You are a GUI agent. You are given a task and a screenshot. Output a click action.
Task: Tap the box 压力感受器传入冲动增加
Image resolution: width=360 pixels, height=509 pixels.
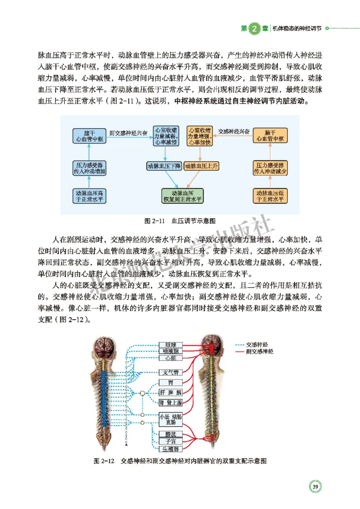click(x=89, y=168)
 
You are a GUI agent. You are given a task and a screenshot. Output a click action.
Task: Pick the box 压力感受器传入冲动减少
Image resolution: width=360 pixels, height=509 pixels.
click(x=270, y=168)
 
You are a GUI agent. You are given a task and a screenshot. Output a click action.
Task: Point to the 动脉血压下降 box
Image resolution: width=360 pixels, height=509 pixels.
click(x=164, y=166)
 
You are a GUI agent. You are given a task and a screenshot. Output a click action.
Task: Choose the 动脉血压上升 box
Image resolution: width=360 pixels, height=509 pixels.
click(x=202, y=166)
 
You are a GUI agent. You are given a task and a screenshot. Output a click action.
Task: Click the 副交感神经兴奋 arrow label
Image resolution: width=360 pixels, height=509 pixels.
click(x=128, y=133)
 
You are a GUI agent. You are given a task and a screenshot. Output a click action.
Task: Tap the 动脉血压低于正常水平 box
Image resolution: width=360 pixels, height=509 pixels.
click(x=270, y=196)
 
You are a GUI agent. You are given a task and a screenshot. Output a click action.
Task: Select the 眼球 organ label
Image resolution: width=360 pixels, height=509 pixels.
click(x=171, y=345)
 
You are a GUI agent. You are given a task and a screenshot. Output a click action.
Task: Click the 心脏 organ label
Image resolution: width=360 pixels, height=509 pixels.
click(x=171, y=358)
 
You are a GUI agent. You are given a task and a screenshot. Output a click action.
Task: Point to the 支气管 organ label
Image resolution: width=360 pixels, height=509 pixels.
click(x=171, y=372)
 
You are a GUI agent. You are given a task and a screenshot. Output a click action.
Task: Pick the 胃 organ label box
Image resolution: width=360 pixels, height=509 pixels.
click(x=171, y=383)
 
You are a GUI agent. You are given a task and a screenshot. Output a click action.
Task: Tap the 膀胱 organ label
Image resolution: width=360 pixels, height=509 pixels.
click(x=171, y=434)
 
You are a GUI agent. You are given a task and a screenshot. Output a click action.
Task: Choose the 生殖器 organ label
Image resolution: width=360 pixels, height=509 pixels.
click(x=171, y=448)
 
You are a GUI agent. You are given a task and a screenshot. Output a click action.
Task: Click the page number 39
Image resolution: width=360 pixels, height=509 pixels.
click(x=315, y=487)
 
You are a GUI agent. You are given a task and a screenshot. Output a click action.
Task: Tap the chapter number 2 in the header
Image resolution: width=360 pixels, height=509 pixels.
click(x=254, y=28)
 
